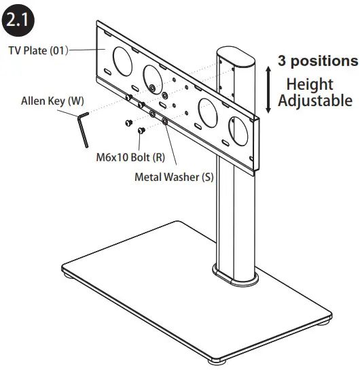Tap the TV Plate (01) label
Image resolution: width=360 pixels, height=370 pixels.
coord(38,50)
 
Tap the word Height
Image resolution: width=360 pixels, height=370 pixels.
coord(310,85)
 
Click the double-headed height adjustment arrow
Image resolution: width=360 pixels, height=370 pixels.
coord(269,89)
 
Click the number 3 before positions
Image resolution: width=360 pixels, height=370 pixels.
coord(281,61)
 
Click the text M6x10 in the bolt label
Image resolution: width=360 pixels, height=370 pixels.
coord(111,156)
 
